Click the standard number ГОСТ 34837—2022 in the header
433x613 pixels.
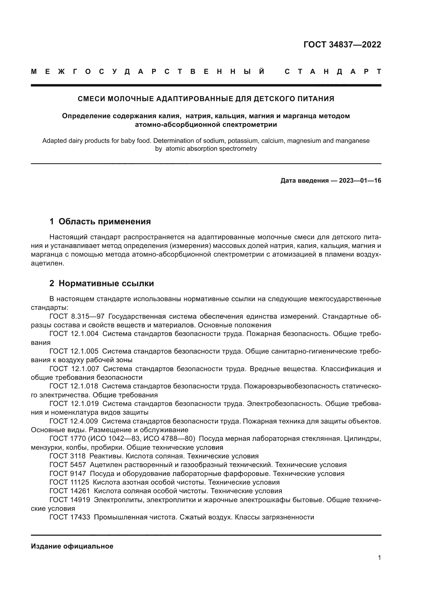[342, 45]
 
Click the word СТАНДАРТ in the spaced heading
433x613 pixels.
[333, 72]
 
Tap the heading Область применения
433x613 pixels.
[104, 221]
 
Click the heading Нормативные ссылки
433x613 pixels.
[106, 283]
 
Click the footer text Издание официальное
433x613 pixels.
[72, 546]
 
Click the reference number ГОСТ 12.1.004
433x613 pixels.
[74, 334]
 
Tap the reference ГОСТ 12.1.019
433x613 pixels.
[74, 404]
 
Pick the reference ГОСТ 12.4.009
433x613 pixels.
[74, 421]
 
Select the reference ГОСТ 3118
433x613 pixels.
[68, 456]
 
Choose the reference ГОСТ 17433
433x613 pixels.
[70, 517]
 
